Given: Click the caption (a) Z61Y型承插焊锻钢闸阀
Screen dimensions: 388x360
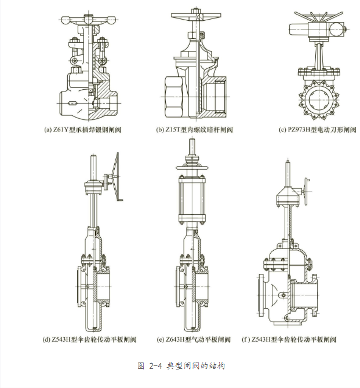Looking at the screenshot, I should pos(86,130).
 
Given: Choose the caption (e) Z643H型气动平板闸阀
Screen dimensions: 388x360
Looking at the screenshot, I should pos(194,339).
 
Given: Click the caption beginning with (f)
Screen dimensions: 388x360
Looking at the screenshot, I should pos(289,339).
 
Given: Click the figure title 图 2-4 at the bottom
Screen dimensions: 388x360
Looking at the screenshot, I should pos(180,366).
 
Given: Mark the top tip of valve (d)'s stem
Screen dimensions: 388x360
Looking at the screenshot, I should pos(93,156).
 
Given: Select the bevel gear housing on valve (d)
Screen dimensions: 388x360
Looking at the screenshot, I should pos(93,189).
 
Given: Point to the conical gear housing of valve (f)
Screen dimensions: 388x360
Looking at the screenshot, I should pos(287,196).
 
